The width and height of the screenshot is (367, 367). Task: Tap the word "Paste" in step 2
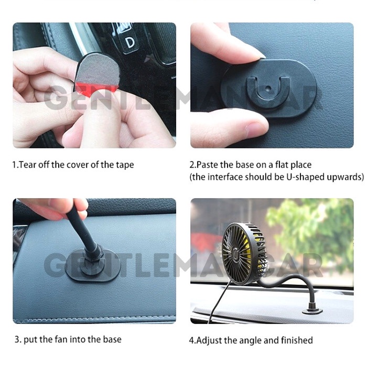coord(209,165)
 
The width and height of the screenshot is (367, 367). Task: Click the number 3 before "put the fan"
coord(17,339)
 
